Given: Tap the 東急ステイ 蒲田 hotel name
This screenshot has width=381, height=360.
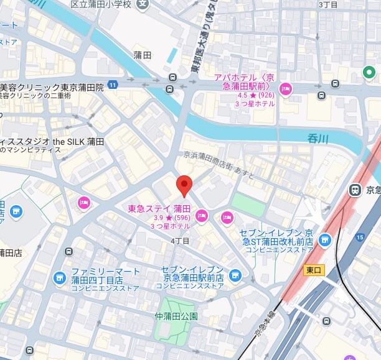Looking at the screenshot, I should pos(159,208).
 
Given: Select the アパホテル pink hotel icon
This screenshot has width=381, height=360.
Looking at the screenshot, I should pos(286,88).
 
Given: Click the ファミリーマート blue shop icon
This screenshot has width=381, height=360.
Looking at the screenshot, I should pos(59,277).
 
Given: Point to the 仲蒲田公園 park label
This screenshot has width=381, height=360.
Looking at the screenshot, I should pos(176,316).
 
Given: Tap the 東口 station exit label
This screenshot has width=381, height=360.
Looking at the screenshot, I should pos(313,270).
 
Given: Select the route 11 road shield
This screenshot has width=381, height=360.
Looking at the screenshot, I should pos(112,84).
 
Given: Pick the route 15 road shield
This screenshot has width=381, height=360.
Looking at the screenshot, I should pos(359,237).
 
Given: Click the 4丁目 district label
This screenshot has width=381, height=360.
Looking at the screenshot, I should pos(179,240).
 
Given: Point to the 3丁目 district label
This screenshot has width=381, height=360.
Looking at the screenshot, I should pos(328,4).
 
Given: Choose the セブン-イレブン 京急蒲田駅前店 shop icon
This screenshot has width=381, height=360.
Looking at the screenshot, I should pos(235,275).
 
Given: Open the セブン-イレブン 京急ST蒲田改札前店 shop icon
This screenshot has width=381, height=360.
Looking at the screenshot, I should pos(324,239).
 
